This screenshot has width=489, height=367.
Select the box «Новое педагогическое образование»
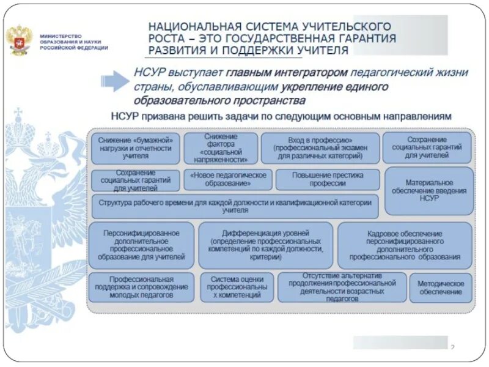(227, 179)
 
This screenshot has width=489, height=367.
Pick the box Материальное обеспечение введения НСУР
(429, 191)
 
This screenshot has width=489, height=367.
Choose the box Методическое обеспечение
(441, 288)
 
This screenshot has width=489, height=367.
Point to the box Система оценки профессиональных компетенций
(237, 287)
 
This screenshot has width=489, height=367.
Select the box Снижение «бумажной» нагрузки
(136, 148)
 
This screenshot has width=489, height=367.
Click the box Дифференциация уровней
(266, 245)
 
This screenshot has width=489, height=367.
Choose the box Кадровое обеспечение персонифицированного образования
(405, 245)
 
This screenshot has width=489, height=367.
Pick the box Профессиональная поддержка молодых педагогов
(142, 287)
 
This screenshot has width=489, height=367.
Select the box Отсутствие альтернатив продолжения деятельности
(342, 287)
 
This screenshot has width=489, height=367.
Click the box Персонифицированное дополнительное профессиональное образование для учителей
(141, 245)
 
